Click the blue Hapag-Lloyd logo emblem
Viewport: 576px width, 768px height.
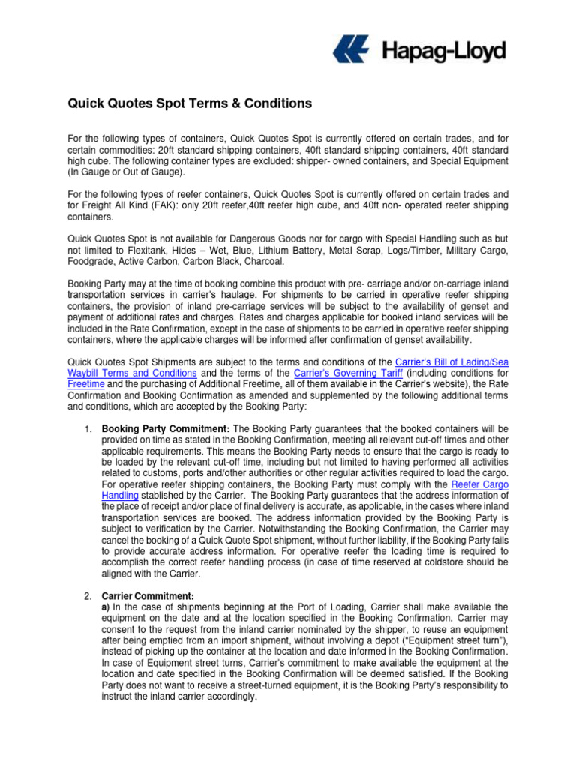point(351,51)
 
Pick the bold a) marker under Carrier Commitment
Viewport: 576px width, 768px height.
point(106,607)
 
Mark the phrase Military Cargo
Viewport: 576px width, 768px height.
point(480,250)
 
